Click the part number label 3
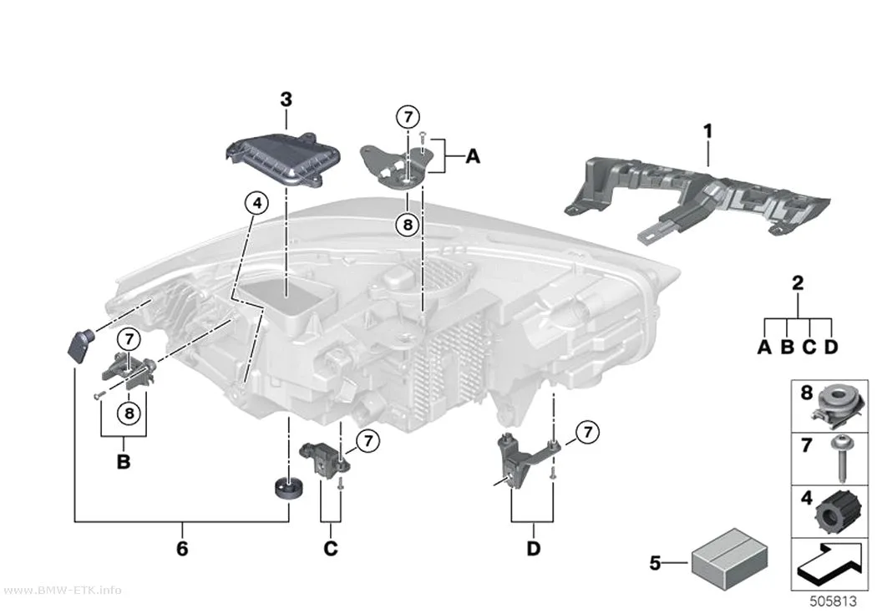pos(286,99)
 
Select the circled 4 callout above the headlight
pos(256,203)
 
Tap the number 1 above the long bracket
pos(708,131)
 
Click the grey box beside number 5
pos(729,554)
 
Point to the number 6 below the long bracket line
pos(182,549)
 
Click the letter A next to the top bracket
pos(474,156)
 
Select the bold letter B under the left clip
pos(124,462)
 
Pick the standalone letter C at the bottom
pos(331,549)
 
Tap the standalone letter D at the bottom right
pos(534,549)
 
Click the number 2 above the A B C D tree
pos(798,283)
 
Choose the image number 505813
pos(834,601)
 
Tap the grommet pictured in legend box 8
pos(838,404)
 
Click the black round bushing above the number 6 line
pos(288,489)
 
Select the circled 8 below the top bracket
pos(408,225)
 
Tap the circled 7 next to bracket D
pos(587,432)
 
